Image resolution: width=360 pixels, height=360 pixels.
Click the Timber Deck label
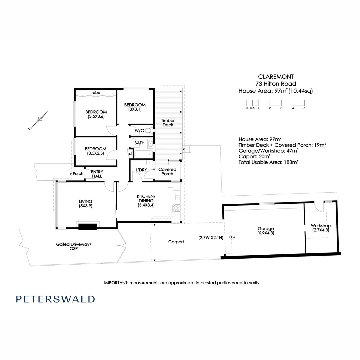pos(167,123)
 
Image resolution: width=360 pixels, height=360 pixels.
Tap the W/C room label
pos(139,131)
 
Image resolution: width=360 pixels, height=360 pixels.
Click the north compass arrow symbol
pos(39,120)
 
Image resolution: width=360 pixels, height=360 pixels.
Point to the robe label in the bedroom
pos(96,93)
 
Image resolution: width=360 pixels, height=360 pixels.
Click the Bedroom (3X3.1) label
pos(135,107)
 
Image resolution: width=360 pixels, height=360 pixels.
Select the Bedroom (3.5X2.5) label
pos(95,151)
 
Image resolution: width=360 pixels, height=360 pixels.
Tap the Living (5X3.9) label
pos(85,203)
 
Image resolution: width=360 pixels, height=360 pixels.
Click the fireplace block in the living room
pos(88,227)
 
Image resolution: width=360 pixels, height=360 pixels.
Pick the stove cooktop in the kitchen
pos(176,208)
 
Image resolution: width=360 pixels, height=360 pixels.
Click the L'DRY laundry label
pos(141,170)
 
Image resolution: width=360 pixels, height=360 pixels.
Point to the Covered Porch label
pos(167,171)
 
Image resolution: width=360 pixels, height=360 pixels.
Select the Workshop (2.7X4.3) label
pos(320,228)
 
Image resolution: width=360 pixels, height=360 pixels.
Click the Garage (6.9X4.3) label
pos(266,231)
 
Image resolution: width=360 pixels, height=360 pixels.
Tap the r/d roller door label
pos(232,237)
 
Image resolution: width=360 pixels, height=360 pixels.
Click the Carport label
pos(176,242)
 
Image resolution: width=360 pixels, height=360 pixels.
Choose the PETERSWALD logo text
pos(55,299)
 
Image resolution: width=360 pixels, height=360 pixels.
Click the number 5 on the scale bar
pos(304,108)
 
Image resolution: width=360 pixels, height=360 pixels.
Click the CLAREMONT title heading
pos(275,77)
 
